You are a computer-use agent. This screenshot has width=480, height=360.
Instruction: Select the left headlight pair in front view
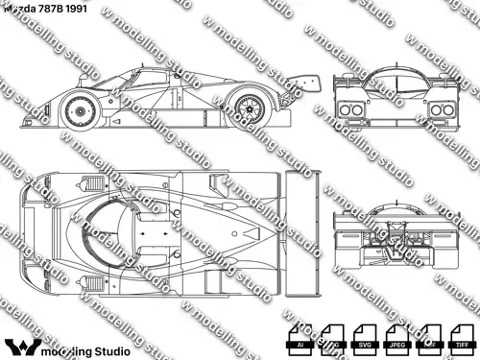[x=349, y=110]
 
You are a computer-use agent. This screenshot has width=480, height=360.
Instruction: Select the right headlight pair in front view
[x=441, y=110]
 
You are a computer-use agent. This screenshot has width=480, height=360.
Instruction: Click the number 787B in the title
[x=59, y=8]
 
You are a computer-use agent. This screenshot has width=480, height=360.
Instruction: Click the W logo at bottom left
[x=22, y=345]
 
